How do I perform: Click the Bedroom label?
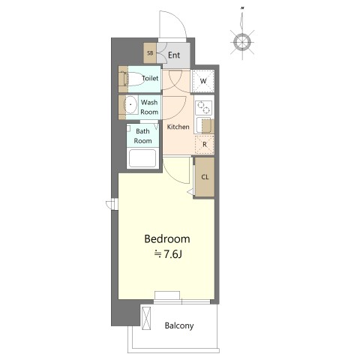[x=167, y=239]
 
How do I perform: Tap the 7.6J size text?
[x=168, y=254]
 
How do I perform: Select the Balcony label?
[x=179, y=325]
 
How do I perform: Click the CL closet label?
[x=205, y=177]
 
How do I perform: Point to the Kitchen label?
[x=178, y=127]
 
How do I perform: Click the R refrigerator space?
[x=205, y=144]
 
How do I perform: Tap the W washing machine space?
[x=203, y=81]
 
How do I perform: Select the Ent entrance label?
[x=174, y=55]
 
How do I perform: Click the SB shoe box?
[x=150, y=53]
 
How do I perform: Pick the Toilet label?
[x=150, y=78]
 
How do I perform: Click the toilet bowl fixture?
[x=133, y=79]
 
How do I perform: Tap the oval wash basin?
[x=130, y=104]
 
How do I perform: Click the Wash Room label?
[x=149, y=107]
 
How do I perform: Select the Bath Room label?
[x=142, y=136]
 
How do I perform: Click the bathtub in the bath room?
[x=142, y=158]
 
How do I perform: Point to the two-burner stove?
[x=203, y=107]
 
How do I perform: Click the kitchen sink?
[x=205, y=125]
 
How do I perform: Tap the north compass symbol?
[x=242, y=41]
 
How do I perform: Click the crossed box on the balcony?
[x=146, y=318]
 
